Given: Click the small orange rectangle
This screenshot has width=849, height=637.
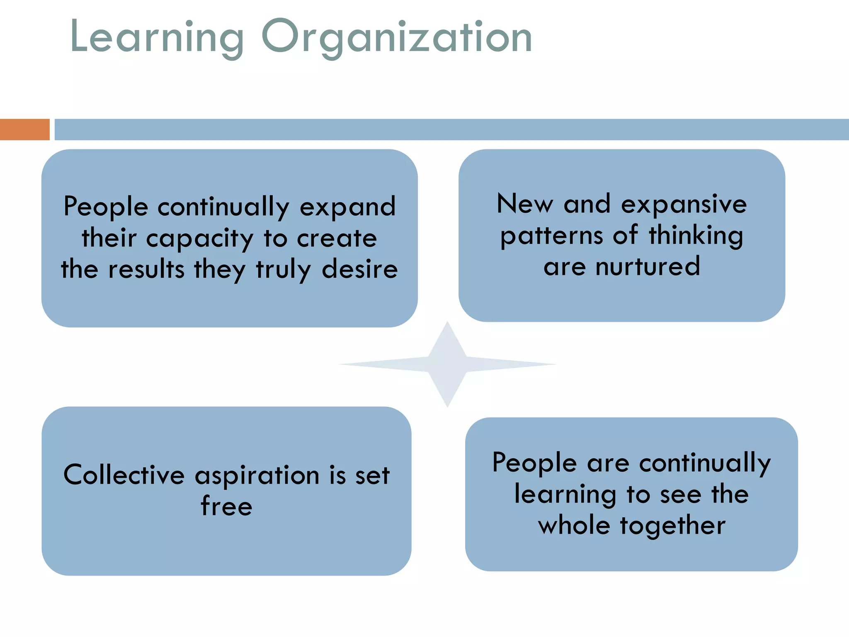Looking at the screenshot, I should point(24,129).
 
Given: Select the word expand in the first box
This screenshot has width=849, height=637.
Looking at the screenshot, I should point(347,207).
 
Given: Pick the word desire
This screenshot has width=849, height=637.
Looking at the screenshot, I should point(360,270).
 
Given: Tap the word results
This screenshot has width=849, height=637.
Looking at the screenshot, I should point(146,270).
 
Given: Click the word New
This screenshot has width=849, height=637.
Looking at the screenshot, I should point(525,204).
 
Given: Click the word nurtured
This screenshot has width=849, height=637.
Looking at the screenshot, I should point(648,267).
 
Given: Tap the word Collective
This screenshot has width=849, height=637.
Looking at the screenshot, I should point(124,475).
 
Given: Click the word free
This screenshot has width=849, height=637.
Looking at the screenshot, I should point(226,506).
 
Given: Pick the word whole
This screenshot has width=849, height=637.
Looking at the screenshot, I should point(574,525).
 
